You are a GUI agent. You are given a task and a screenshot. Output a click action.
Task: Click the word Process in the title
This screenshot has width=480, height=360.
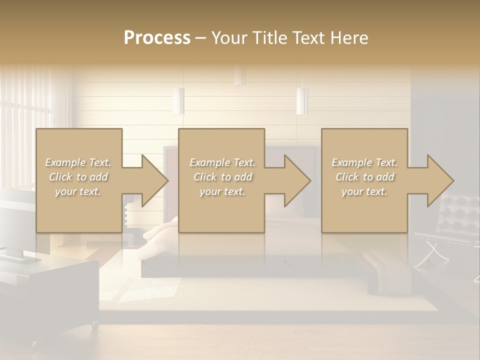click(157, 38)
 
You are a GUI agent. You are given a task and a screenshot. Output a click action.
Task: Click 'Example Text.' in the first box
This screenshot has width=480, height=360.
click(78, 162)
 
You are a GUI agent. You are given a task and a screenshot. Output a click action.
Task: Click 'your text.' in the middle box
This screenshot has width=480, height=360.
click(222, 191)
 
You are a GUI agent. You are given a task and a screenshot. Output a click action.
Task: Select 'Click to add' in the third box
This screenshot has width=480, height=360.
click(364, 177)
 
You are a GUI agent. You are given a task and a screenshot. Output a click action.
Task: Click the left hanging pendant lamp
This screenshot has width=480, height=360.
click(178, 101)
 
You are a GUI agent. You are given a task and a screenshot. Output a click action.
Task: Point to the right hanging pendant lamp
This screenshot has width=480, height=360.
click(301, 101)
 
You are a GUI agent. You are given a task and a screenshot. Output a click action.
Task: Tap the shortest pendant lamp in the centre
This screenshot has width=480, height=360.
click(239, 76)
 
